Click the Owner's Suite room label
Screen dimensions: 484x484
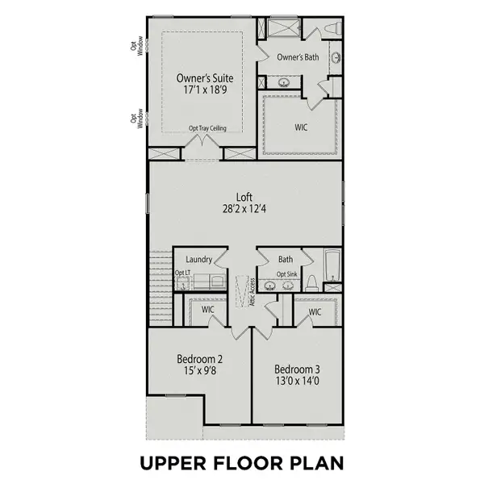[x=205, y=78]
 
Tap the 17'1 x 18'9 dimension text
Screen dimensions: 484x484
[x=205, y=92]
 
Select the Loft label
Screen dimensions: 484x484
[x=244, y=196]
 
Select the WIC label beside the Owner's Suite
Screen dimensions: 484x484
[x=301, y=127]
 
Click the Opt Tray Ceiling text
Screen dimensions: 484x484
[x=207, y=128]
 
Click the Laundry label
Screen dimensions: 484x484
[x=198, y=260]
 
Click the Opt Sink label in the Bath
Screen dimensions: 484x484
[x=287, y=274]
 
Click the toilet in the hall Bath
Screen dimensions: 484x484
[x=331, y=282]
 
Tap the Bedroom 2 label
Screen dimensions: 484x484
[x=199, y=359]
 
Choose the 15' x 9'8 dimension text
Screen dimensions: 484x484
[x=199, y=373]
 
